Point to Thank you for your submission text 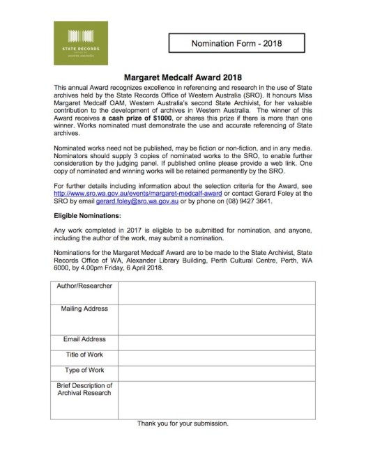pyautogui.click(x=183, y=423)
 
